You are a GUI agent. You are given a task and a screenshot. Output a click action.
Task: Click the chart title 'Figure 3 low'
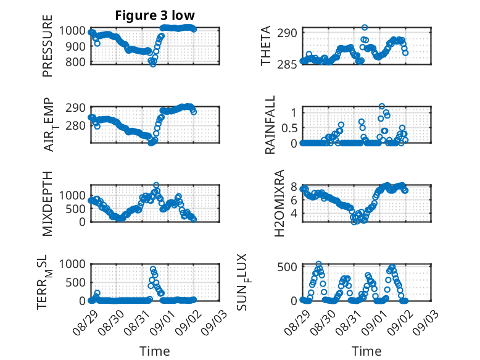[x=155, y=15]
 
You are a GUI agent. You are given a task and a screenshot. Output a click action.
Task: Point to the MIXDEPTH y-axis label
[x=48, y=203]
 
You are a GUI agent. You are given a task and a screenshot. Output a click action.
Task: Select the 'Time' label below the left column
[x=155, y=351]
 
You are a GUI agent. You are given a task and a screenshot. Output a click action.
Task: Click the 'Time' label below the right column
[x=366, y=351]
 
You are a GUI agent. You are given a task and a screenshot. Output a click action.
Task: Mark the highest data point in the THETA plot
[x=365, y=28]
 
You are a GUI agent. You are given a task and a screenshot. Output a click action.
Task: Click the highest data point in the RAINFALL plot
[x=382, y=107]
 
